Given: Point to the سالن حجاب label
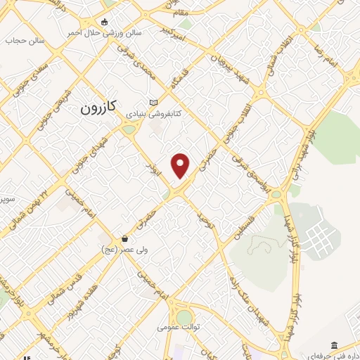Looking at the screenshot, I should (x=25, y=41).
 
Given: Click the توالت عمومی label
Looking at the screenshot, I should (x=179, y=327).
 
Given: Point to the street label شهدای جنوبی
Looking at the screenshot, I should (x=98, y=147).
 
